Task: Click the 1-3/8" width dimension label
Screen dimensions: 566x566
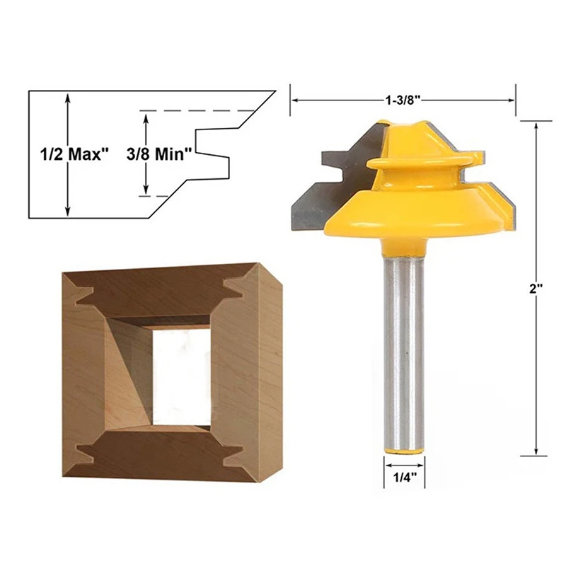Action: coord(403,100)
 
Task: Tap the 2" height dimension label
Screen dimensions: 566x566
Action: coord(536,289)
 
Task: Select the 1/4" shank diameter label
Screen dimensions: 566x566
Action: coord(404,478)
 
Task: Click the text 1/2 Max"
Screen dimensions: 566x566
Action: coord(74,154)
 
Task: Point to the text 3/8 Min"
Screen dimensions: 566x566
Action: coord(158,154)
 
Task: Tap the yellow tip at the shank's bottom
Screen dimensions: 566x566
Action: coord(404,451)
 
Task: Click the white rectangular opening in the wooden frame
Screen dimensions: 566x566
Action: coord(182,377)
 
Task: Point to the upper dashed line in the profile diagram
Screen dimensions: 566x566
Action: coord(197,110)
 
